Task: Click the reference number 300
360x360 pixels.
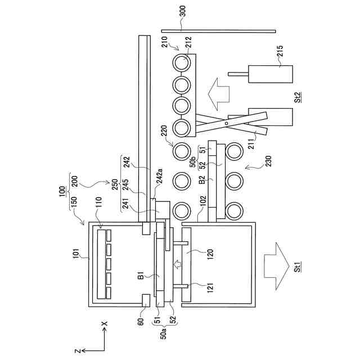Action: [x=183, y=11]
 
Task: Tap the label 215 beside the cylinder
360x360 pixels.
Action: [x=280, y=51]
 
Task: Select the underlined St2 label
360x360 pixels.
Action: [x=298, y=97]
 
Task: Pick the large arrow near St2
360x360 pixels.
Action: [x=218, y=94]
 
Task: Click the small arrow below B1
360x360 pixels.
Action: [x=178, y=264]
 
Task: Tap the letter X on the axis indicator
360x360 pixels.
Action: [x=105, y=323]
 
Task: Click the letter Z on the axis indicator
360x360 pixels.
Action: [x=78, y=351]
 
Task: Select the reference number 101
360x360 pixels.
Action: [x=76, y=254]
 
